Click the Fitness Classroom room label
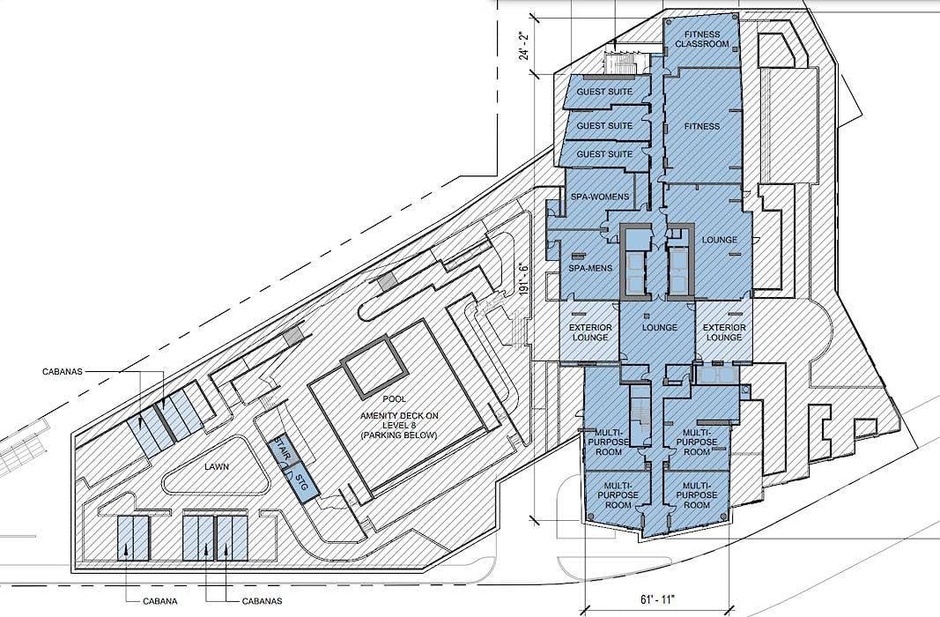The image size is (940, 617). pyautogui.click(x=701, y=39)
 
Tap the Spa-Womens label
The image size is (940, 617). pyautogui.click(x=599, y=196)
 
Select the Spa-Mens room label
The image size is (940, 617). pyautogui.click(x=590, y=268)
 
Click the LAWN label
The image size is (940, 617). pyautogui.click(x=217, y=466)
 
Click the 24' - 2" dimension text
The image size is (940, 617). pyautogui.click(x=525, y=46)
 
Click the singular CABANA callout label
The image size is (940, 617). pyautogui.click(x=160, y=601)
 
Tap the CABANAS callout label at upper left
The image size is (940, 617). pyautogui.click(x=63, y=371)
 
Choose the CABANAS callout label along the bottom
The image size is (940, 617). pyautogui.click(x=262, y=601)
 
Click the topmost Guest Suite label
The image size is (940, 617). pyautogui.click(x=604, y=93)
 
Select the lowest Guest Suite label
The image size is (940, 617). pyautogui.click(x=604, y=154)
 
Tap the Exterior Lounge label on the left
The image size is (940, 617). pyautogui.click(x=590, y=332)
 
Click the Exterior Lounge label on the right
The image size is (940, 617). pyautogui.click(x=724, y=332)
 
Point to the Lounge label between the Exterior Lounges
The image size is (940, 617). pyautogui.click(x=660, y=327)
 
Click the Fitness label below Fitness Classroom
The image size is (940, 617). pyautogui.click(x=702, y=127)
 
